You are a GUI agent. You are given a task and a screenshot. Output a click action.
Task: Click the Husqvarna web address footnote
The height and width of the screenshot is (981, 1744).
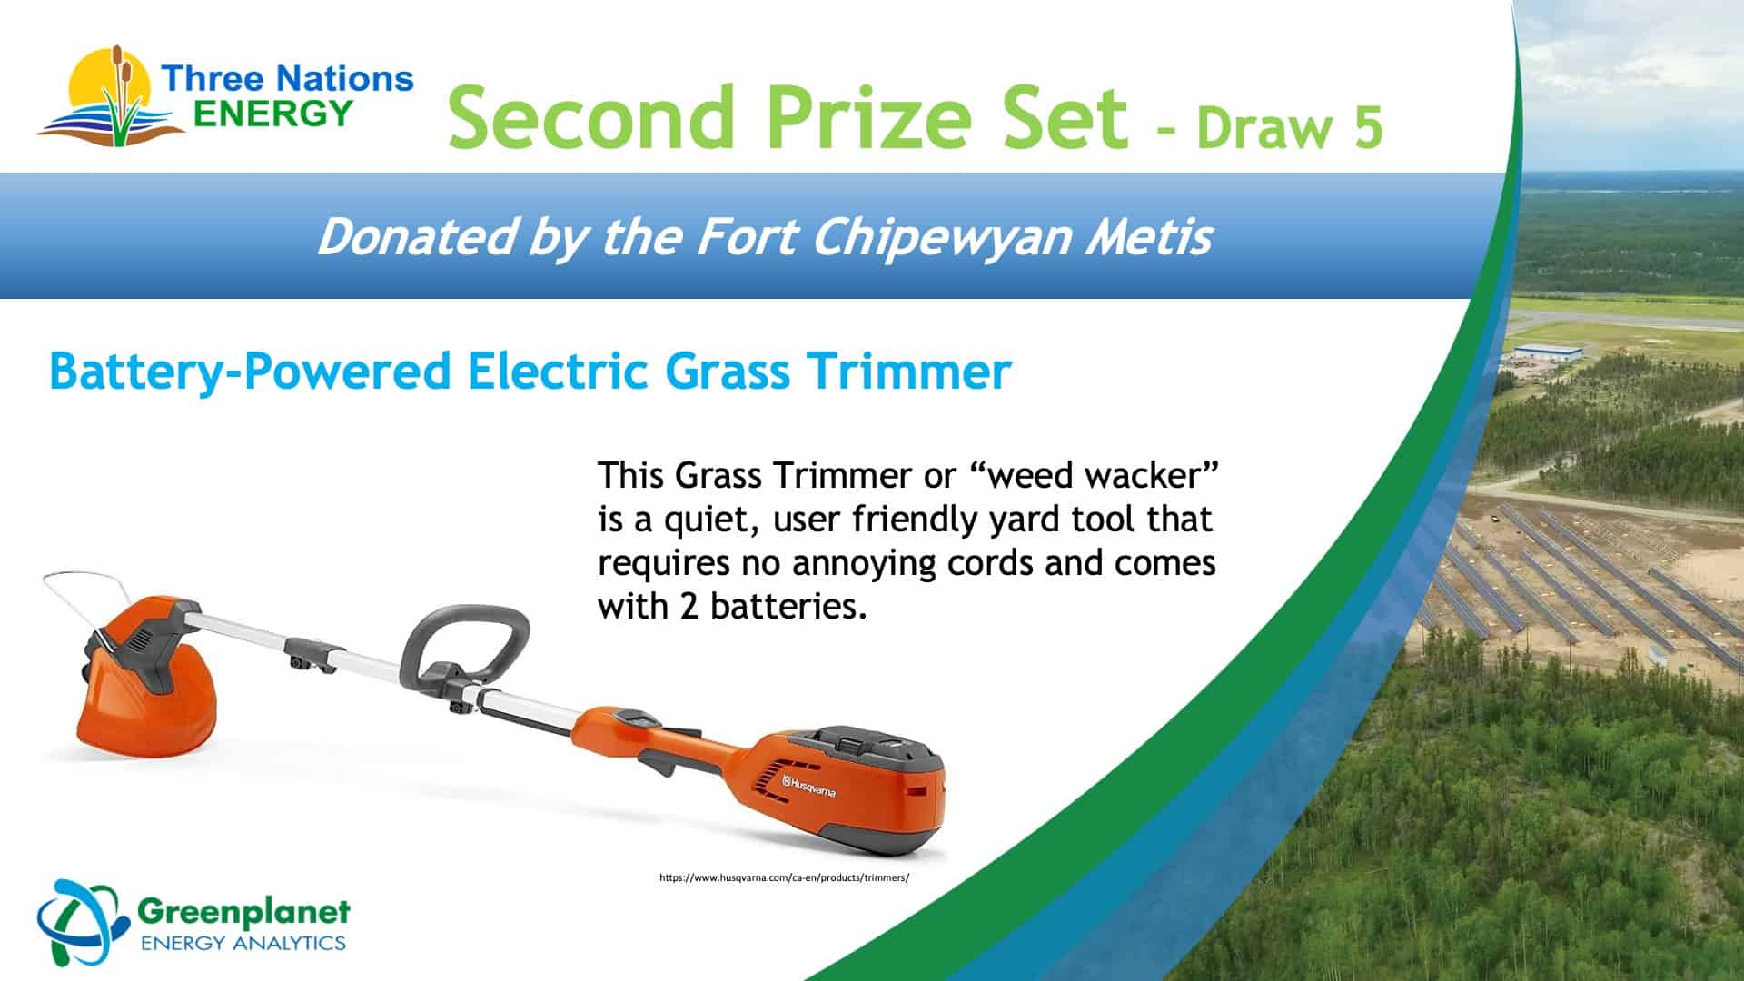[784, 877]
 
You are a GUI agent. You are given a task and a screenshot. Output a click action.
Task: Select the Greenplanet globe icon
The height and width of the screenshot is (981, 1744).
[80, 923]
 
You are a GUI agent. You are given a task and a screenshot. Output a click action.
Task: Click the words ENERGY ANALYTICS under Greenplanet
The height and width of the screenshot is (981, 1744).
[243, 942]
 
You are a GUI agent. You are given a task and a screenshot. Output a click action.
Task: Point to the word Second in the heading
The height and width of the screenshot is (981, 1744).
[591, 117]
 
